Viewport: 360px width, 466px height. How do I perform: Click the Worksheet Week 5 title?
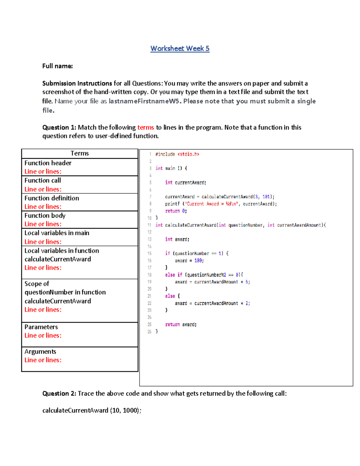pyautogui.click(x=180, y=49)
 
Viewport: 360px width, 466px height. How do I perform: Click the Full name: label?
pyautogui.click(x=57, y=66)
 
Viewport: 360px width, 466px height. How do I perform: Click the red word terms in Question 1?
pyautogui.click(x=145, y=128)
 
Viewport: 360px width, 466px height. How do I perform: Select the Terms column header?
pyautogui.click(x=79, y=153)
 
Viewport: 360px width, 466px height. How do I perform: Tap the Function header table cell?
pyautogui.click(x=79, y=167)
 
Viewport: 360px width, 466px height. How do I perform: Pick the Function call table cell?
pyautogui.click(x=79, y=185)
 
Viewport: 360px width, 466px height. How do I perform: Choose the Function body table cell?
pyautogui.click(x=79, y=220)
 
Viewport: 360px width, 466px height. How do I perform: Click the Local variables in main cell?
pyautogui.click(x=79, y=237)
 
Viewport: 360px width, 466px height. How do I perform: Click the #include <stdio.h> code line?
pyautogui.click(x=177, y=154)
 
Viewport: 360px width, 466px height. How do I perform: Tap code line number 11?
pyautogui.click(x=149, y=225)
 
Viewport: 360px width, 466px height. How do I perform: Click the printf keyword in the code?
pyautogui.click(x=172, y=204)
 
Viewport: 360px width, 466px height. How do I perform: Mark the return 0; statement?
pyautogui.click(x=176, y=211)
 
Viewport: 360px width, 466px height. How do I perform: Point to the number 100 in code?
pyautogui.click(x=198, y=260)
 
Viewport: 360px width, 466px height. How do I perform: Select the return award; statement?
pyautogui.click(x=181, y=324)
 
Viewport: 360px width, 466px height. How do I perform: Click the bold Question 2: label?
pyautogui.click(x=59, y=393)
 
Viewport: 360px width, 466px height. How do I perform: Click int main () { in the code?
pyautogui.click(x=171, y=168)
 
